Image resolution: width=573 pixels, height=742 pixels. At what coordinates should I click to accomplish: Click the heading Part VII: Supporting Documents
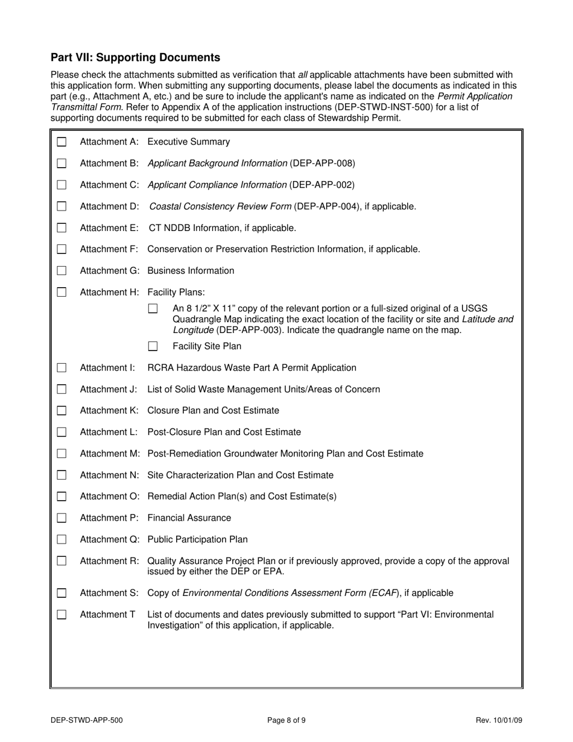pos(135,58)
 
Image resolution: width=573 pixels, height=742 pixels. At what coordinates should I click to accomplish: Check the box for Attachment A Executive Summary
pos(62,142)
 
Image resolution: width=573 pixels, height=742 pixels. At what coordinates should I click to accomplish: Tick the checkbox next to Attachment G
pos(62,271)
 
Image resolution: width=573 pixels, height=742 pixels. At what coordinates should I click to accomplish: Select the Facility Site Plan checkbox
pos(153,346)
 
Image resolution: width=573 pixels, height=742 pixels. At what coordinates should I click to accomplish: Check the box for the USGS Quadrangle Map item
pos(153,309)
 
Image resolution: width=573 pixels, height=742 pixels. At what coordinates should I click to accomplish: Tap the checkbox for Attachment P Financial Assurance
pos(62,518)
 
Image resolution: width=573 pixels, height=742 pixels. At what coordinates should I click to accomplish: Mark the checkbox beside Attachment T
pos(62,615)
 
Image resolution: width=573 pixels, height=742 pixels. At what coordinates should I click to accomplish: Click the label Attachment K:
pos(109,411)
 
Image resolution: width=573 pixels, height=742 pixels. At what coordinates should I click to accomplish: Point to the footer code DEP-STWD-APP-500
pos(87,720)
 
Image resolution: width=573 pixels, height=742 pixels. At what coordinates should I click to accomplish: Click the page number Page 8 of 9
pos(286,720)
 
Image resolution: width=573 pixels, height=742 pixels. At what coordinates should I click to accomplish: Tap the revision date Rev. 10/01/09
pos(498,720)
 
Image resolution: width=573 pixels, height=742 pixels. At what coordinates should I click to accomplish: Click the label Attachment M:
pos(110,454)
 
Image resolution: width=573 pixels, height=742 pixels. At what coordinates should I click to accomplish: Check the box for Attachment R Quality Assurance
pos(62,561)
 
